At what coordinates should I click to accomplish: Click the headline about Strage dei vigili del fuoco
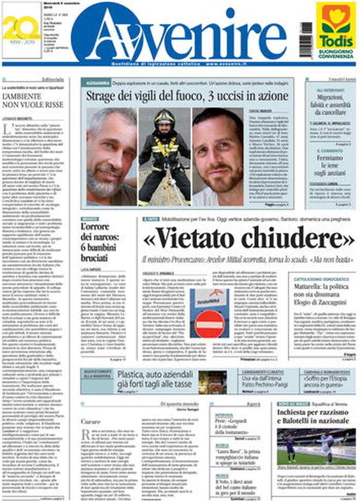point(187,96)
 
